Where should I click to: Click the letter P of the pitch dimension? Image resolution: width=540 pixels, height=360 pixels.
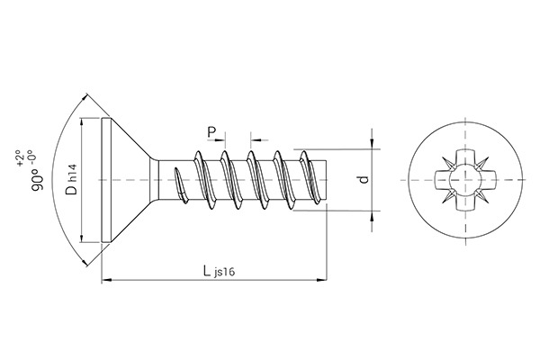pyautogui.click(x=212, y=133)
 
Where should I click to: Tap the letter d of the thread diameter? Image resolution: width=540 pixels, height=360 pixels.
pyautogui.click(x=364, y=179)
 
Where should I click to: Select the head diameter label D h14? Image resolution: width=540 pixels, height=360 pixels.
pyautogui.click(x=71, y=181)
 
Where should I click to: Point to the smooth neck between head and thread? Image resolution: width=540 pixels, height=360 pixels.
pyautogui.click(x=162, y=180)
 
